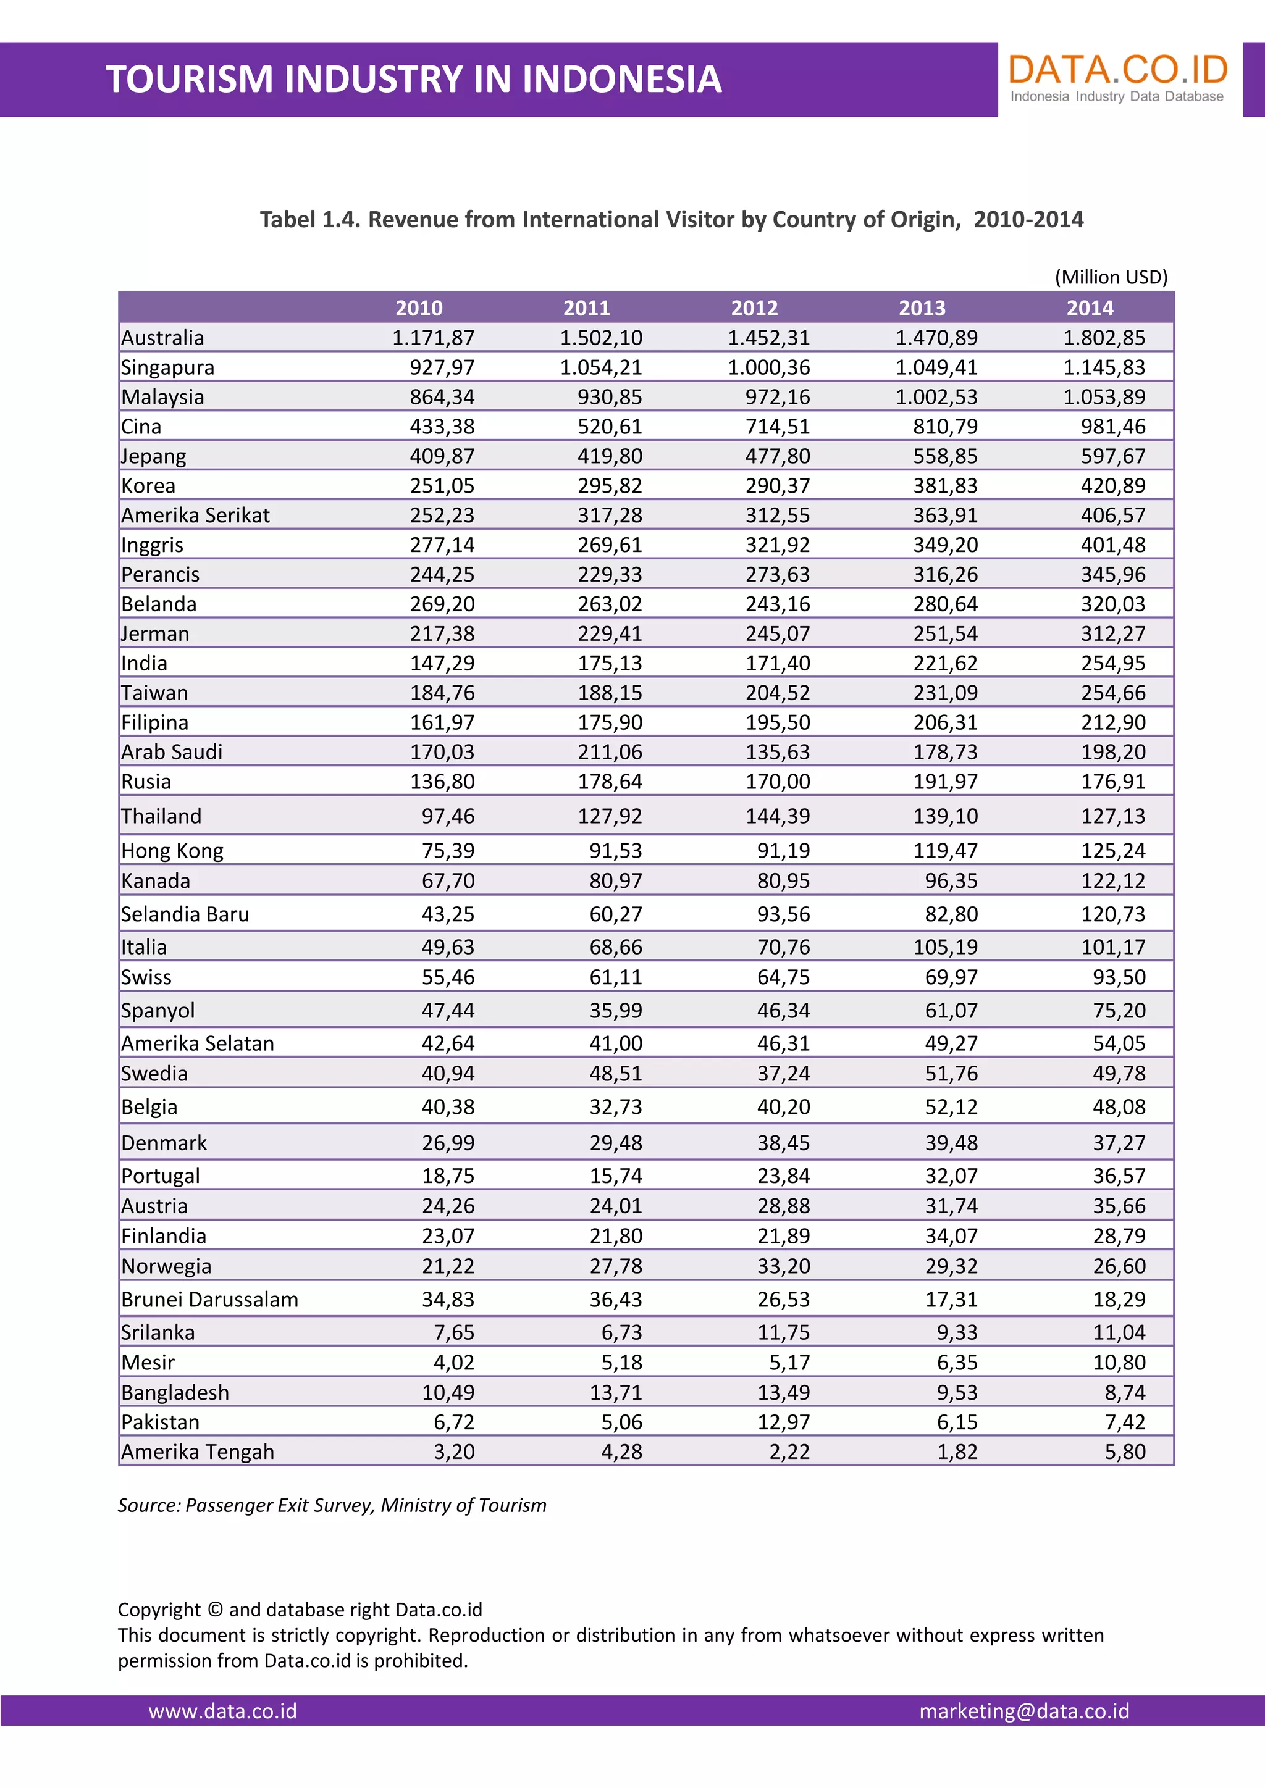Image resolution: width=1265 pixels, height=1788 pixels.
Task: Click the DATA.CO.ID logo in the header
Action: click(1118, 77)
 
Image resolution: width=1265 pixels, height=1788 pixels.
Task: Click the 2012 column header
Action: click(754, 307)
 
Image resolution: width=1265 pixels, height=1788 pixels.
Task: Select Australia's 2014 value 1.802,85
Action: click(1104, 337)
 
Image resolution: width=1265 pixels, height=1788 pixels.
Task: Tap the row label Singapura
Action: click(167, 367)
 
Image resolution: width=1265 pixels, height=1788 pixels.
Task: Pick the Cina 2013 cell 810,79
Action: click(945, 426)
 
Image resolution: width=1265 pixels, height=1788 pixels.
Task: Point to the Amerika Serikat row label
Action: click(196, 515)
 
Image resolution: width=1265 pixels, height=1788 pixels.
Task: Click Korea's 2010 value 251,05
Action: click(442, 485)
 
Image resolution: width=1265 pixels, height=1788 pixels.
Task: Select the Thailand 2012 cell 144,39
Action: click(778, 816)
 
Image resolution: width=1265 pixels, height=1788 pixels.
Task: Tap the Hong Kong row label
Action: click(172, 850)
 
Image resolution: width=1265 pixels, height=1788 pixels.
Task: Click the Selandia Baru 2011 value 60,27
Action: click(615, 914)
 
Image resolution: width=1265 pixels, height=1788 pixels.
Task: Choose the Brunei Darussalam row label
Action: click(209, 1299)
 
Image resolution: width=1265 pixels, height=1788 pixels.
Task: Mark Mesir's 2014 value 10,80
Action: click(1119, 1362)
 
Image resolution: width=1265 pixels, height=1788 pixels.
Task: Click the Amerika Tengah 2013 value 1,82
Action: click(957, 1452)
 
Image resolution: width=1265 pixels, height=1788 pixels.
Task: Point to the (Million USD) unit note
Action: click(1111, 277)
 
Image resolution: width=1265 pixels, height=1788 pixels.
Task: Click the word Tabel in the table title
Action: click(287, 220)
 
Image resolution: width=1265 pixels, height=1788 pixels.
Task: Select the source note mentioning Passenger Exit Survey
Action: click(332, 1505)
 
